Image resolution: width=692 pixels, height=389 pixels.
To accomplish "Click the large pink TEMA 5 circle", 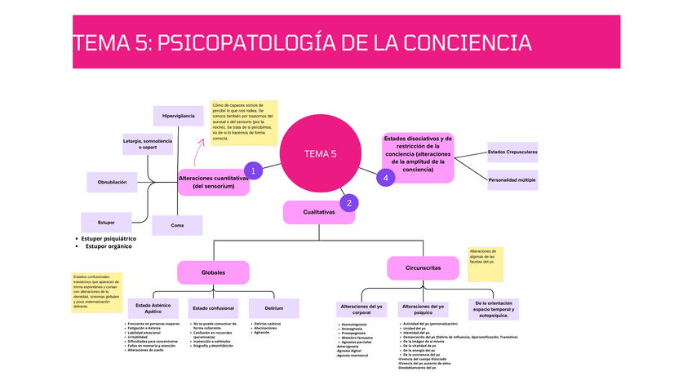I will click(320, 153).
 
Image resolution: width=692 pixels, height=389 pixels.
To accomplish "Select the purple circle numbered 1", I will click(254, 170).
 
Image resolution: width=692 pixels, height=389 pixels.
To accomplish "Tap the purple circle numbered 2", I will click(348, 203).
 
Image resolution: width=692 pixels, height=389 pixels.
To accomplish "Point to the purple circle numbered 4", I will click(385, 178).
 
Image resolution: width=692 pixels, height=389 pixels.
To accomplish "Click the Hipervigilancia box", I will click(179, 117).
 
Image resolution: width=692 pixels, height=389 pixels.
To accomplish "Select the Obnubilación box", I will click(112, 182).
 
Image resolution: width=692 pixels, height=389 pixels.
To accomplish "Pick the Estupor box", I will click(106, 222).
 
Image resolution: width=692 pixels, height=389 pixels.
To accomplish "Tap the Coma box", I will click(177, 225).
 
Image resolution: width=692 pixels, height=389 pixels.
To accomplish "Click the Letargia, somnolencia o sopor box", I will click(148, 144).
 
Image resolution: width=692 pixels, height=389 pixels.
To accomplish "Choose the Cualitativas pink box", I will click(319, 212).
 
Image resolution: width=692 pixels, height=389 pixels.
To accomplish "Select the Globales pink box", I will click(213, 272).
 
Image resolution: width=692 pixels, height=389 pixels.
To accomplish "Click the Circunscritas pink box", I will click(424, 267).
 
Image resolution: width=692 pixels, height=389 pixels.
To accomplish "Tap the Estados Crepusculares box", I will click(512, 152).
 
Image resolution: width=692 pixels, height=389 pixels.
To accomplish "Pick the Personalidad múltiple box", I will click(512, 179).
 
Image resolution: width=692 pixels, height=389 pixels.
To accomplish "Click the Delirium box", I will click(273, 308).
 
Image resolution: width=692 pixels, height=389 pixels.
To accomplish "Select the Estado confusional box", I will click(213, 308).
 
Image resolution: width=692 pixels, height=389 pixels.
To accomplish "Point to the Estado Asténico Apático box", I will click(153, 308).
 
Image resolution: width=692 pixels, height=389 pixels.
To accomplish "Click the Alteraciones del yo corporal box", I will click(362, 309).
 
